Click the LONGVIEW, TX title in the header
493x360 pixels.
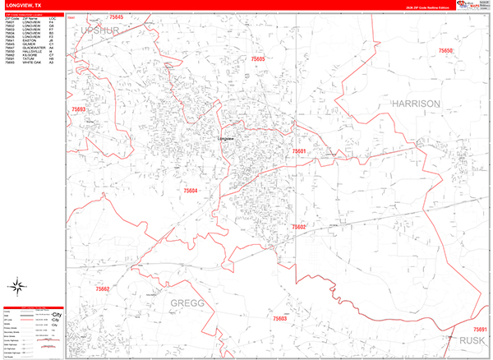[x=22, y=5]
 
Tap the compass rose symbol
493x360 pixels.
[x=16, y=287]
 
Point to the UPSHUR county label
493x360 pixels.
[x=101, y=30]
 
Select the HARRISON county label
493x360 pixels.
[x=416, y=104]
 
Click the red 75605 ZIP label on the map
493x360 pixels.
[x=259, y=59]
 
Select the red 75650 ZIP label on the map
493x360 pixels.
[x=445, y=51]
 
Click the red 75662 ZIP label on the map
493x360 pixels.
[x=103, y=288]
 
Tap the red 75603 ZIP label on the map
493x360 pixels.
[x=279, y=318]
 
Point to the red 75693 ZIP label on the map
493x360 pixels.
[x=79, y=108]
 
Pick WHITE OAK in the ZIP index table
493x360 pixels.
[x=32, y=62]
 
